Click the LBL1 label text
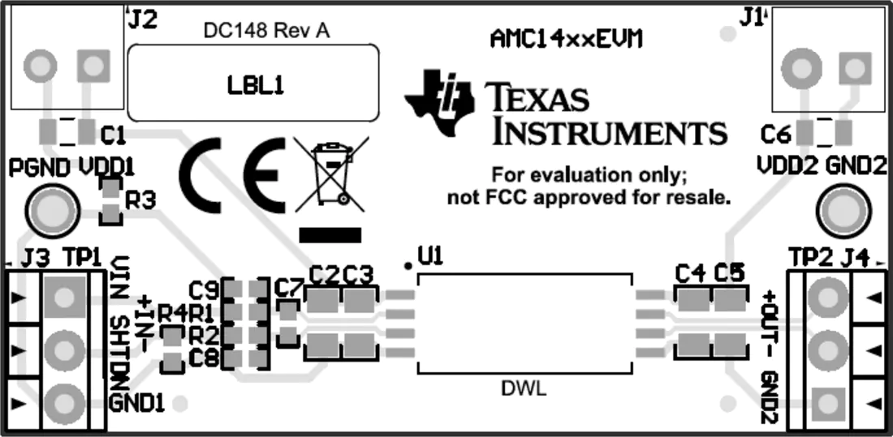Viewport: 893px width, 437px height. pyautogui.click(x=255, y=85)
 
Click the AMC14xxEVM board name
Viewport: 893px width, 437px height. pyautogui.click(x=567, y=39)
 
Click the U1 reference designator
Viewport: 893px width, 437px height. pyautogui.click(x=429, y=256)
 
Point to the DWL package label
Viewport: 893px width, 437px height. pyautogui.click(x=524, y=389)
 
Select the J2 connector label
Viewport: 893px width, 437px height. pyautogui.click(x=142, y=19)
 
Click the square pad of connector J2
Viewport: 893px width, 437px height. pyautogui.click(x=93, y=66)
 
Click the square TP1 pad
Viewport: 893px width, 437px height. pyautogui.click(x=63, y=296)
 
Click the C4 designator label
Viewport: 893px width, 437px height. pyautogui.click(x=690, y=274)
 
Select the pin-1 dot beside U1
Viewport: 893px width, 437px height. pyautogui.click(x=408, y=264)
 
